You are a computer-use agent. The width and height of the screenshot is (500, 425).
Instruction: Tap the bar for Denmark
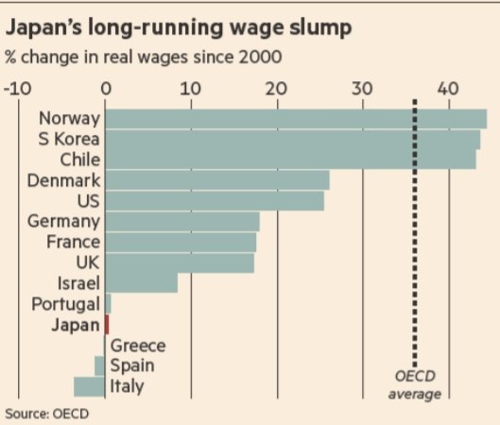pos(216,179)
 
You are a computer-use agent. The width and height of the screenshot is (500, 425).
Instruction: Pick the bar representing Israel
pos(141,282)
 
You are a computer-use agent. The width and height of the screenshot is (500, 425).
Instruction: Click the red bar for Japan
pos(107,324)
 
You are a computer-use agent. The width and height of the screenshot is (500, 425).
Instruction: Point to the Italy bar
pos(90,386)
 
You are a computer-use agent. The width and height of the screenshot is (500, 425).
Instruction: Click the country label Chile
pos(79,160)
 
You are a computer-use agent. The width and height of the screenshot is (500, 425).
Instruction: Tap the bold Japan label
pos(76,324)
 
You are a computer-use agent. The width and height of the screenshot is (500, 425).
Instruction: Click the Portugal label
pos(65,303)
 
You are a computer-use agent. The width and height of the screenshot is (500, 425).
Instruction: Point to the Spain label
pos(133,365)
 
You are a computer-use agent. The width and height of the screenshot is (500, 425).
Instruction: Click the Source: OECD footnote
pos(43,413)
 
